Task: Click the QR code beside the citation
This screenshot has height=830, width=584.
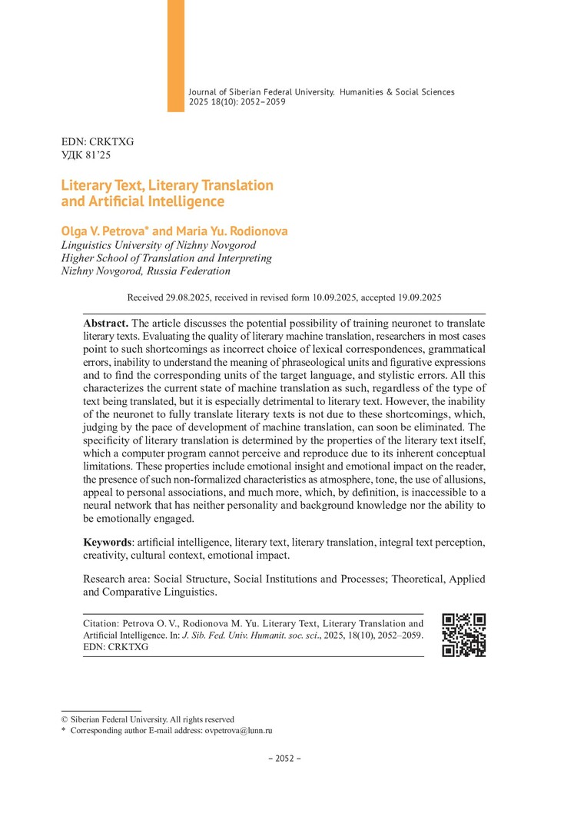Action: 464,635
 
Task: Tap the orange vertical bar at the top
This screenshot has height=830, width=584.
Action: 176,55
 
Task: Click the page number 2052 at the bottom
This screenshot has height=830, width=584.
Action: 284,758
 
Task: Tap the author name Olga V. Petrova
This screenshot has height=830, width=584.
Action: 105,231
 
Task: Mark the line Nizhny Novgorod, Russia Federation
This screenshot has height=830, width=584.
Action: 145,271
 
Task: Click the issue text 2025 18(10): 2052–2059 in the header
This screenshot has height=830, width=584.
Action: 237,101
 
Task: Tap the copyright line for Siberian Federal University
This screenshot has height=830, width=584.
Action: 148,719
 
